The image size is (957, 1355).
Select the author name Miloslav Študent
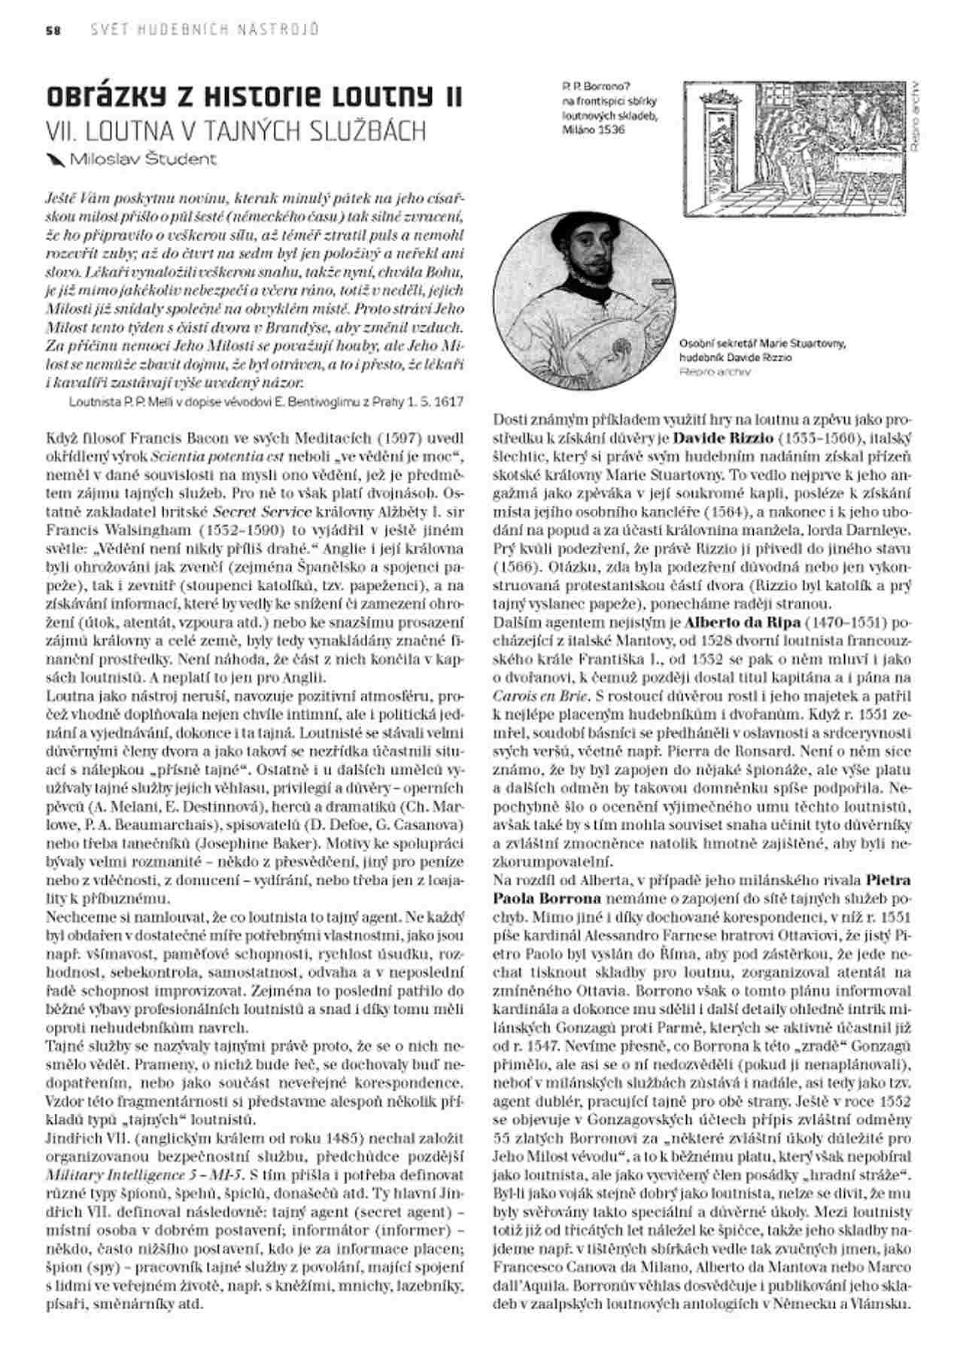(143, 160)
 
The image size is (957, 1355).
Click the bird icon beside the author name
(56, 159)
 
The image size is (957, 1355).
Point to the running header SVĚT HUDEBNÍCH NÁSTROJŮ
(204, 30)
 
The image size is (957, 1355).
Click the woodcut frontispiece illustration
(794, 149)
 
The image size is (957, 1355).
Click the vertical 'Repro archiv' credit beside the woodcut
(915, 117)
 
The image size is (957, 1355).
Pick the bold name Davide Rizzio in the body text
(720, 437)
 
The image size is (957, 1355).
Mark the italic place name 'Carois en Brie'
(536, 696)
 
